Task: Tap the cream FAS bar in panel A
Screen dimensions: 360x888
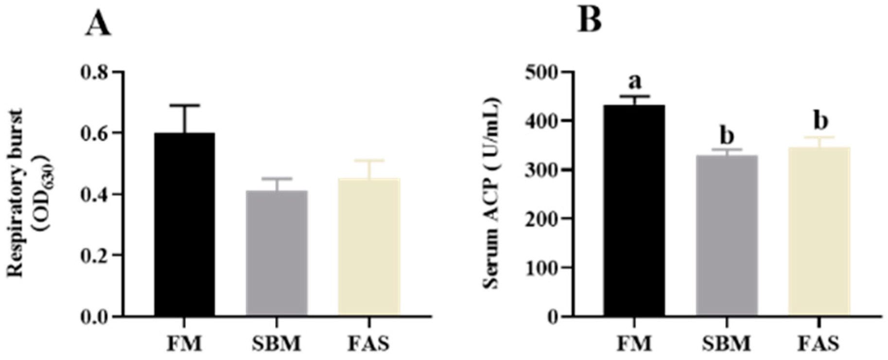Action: pyautogui.click(x=368, y=247)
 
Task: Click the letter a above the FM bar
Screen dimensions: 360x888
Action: pyautogui.click(x=634, y=82)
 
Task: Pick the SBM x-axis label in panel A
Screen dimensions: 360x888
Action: pyautogui.click(x=277, y=343)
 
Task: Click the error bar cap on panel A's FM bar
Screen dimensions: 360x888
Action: pyautogui.click(x=185, y=105)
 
